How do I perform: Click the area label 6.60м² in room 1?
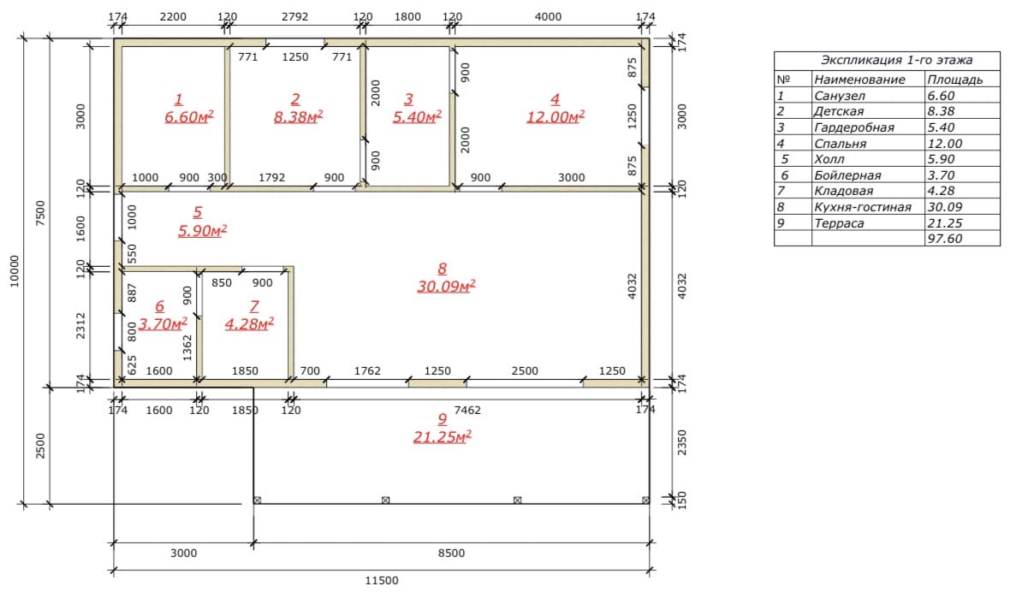(x=188, y=116)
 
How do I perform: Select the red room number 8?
(x=442, y=269)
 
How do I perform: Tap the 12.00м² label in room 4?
(x=555, y=116)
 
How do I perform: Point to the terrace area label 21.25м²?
(x=442, y=436)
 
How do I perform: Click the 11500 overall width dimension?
(x=382, y=580)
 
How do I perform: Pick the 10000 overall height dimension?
(x=15, y=271)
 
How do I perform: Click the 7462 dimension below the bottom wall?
(x=467, y=410)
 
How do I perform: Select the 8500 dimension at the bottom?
(x=451, y=553)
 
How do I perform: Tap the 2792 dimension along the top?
(x=294, y=17)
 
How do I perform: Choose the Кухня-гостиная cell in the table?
(x=863, y=206)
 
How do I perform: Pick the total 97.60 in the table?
(x=945, y=238)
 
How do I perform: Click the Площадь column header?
(x=955, y=80)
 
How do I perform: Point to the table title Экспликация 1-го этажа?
(x=896, y=60)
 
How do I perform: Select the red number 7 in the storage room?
(x=254, y=306)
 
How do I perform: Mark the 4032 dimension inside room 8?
(x=632, y=286)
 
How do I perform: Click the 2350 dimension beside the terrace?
(x=682, y=442)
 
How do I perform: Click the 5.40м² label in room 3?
(x=417, y=116)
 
